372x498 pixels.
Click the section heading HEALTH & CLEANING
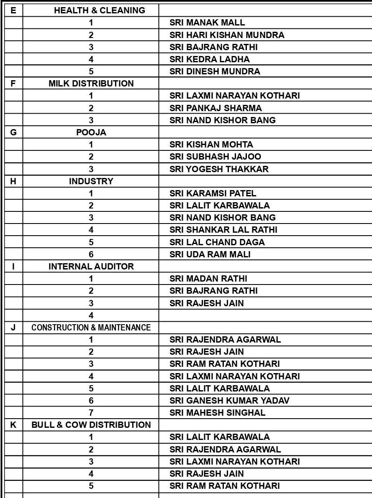point(100,10)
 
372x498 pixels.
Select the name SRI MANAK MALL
point(207,23)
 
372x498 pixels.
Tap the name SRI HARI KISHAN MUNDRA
point(227,35)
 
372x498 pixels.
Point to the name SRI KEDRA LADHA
point(209,59)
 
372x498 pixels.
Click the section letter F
point(13,84)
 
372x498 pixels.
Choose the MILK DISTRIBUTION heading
point(91,84)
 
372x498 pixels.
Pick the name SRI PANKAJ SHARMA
point(216,108)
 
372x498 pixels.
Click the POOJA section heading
point(91,132)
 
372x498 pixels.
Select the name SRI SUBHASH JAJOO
point(215,157)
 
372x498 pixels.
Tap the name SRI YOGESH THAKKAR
point(219,169)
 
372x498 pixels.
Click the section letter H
point(13,181)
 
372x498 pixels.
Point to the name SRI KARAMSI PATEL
point(213,193)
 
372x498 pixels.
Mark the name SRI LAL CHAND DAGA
point(217,242)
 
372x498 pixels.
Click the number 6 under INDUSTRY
point(91,254)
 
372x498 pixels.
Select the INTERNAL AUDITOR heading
point(91,267)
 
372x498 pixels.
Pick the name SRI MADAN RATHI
point(208,279)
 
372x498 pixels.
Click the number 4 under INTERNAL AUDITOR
point(91,315)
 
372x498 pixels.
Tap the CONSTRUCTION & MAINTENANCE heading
point(91,328)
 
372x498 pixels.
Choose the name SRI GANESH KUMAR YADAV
point(229,401)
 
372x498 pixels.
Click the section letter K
point(13,425)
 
